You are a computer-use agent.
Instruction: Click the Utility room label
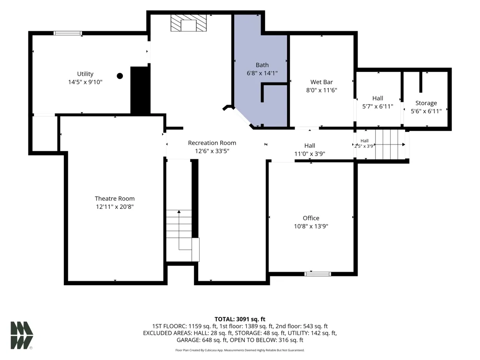85,74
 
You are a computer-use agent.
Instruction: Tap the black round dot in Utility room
120,76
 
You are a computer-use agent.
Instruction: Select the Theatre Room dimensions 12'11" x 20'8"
115,206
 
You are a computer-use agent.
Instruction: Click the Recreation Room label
212,143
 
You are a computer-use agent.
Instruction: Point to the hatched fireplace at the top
189,23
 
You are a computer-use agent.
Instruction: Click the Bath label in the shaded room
262,65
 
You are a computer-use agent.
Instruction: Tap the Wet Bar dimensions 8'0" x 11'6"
322,90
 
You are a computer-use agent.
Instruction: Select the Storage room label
426,103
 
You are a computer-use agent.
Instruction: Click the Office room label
311,218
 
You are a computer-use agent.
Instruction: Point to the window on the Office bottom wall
318,274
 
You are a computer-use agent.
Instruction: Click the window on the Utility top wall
68,33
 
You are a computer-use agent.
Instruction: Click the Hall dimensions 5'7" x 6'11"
378,106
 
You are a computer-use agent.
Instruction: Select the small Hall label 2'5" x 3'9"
364,144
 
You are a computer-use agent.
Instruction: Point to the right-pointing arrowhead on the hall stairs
404,144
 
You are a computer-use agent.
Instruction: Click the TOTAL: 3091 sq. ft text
240,319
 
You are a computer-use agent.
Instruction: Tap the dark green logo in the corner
22,335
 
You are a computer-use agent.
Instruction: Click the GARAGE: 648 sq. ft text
202,340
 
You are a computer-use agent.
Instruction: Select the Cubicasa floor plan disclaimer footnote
240,350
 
